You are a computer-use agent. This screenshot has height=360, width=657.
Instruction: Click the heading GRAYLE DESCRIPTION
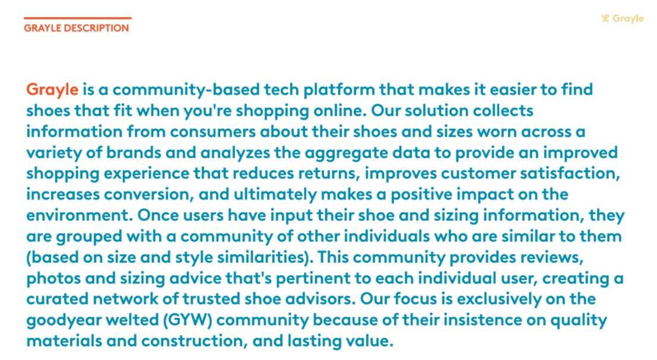[76, 28]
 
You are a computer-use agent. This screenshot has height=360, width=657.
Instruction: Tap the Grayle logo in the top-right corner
[622, 18]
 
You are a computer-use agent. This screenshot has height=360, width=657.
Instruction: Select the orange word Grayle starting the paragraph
[52, 90]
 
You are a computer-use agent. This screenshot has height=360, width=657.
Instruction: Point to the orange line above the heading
[78, 18]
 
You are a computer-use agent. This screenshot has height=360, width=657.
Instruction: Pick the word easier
[512, 90]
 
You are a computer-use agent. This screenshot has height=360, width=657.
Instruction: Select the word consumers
[212, 132]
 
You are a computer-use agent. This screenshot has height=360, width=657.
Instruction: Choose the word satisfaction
[570, 173]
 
